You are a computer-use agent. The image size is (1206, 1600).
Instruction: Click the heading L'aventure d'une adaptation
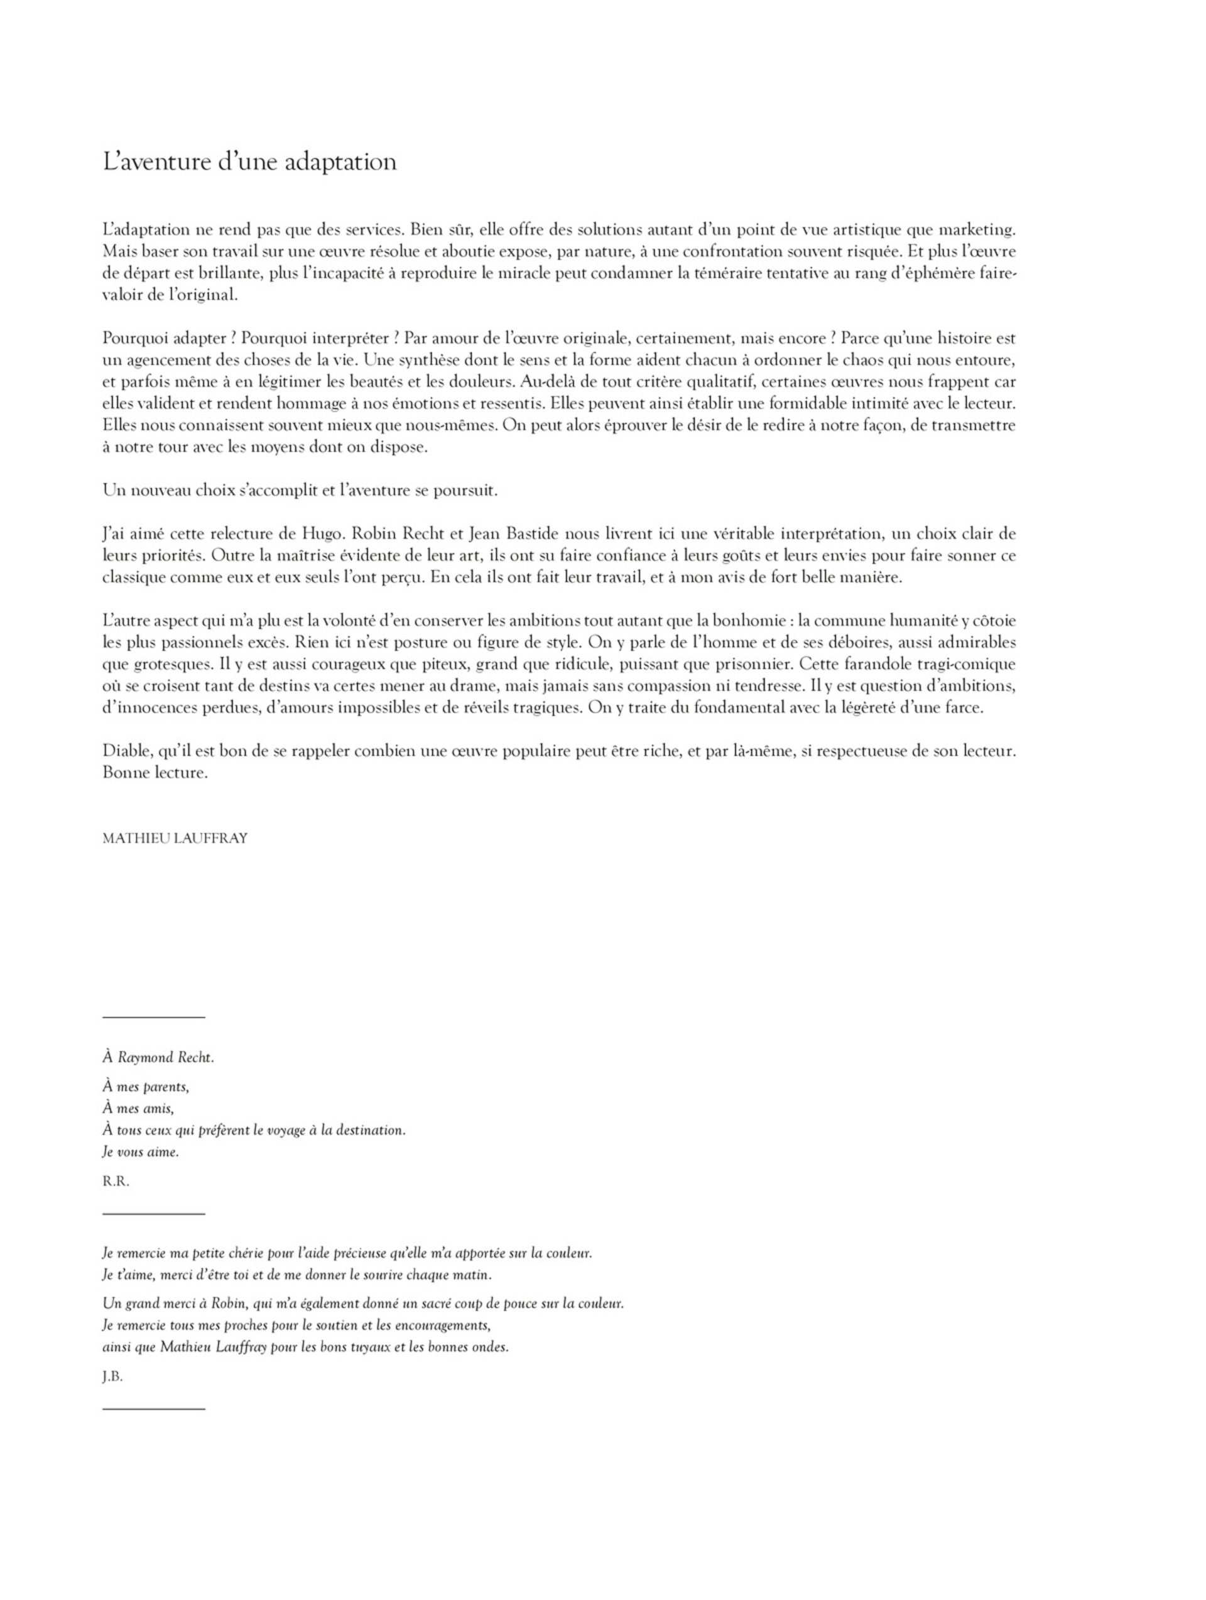pyautogui.click(x=249, y=161)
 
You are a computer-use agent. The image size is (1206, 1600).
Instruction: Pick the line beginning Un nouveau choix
pyautogui.click(x=300, y=491)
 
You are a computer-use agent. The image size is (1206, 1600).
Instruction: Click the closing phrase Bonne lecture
pyautogui.click(x=155, y=773)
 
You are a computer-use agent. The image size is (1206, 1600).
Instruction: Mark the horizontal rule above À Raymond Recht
pyautogui.click(x=153, y=1018)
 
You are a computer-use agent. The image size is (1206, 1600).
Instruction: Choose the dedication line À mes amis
pyautogui.click(x=138, y=1108)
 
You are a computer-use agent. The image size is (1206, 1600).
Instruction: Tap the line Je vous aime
pyautogui.click(x=140, y=1152)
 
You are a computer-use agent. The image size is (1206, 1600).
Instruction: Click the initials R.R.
pyautogui.click(x=116, y=1182)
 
